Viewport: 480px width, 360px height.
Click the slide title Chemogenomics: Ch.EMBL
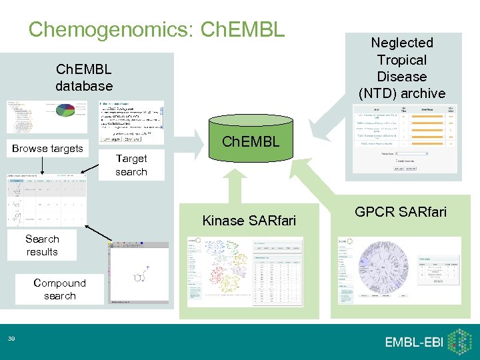[x=157, y=29]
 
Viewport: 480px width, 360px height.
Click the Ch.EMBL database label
[x=84, y=77]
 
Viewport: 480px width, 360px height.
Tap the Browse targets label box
[x=47, y=148]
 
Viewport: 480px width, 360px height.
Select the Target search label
[x=131, y=165]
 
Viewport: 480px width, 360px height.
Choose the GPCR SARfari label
[x=401, y=212]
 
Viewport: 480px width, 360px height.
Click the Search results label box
[x=42, y=245]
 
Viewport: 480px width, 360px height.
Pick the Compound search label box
[x=59, y=289]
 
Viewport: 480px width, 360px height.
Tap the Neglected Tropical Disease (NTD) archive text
[x=402, y=68]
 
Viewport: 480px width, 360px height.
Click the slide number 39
[x=11, y=340]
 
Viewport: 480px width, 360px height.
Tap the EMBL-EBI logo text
[x=413, y=342]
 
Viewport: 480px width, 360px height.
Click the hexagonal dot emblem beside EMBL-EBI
[x=461, y=341]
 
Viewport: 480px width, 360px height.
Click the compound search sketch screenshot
[x=138, y=273]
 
